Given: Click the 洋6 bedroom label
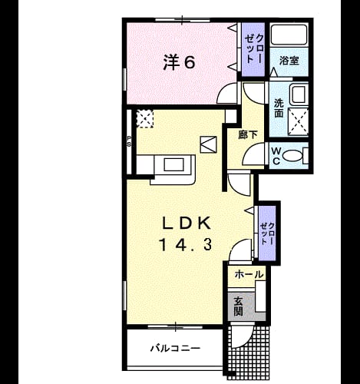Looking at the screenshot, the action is coord(179,62).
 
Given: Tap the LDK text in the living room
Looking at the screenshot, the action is coord(187,223).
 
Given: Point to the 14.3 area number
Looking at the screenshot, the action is coord(186,244).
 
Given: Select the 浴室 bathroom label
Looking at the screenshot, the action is coord(289,61).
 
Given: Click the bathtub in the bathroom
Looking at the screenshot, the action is coord(289,35).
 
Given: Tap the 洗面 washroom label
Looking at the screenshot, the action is coord(279,108).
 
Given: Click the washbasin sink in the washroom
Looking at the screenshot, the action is coord(299,94).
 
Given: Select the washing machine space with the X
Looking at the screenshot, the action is coord(299,122).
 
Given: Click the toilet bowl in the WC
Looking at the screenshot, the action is coord(293,155).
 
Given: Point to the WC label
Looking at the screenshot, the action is coord(276,156).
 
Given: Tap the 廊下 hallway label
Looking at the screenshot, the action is coord(248,134).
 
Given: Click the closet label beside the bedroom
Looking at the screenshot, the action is coord(253,48).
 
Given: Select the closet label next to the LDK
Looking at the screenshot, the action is coord(267,233).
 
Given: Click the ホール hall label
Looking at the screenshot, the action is coord(249,274).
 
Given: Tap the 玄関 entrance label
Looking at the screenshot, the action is coord(238,306).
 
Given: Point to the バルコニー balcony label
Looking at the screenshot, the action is coord(175,348).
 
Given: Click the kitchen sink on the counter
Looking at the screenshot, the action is coord(174,164).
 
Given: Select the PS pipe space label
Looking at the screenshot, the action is coord(129,141).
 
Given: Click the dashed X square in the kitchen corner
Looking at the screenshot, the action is coord(145,118).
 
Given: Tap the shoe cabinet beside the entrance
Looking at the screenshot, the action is coord(260,296).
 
